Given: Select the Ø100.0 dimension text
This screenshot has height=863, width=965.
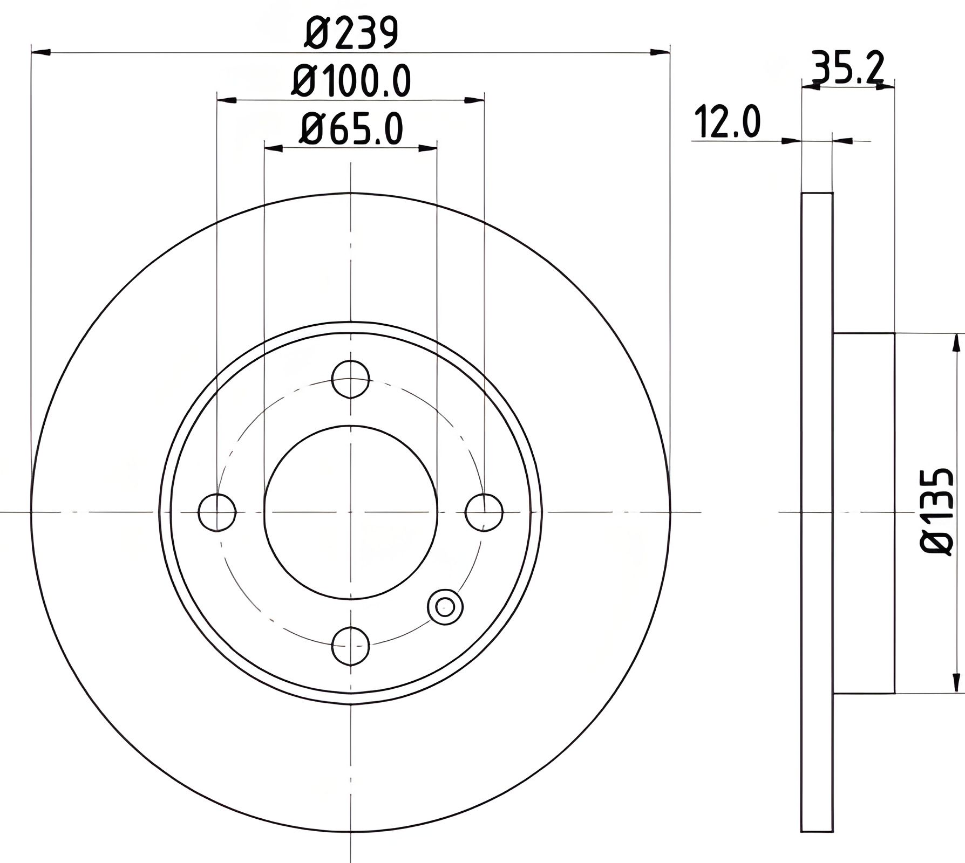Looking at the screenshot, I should click(x=351, y=81).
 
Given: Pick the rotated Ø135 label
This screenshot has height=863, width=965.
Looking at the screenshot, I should click(x=937, y=512).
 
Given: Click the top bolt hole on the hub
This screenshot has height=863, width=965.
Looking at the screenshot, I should click(x=351, y=379).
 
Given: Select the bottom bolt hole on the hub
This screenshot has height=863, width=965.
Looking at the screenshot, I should click(x=351, y=646).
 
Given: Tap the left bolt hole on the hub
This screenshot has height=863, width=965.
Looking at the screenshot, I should click(x=217, y=512).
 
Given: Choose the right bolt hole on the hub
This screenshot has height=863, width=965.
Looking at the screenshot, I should click(x=484, y=512).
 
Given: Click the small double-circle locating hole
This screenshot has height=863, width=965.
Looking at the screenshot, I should click(x=445, y=607).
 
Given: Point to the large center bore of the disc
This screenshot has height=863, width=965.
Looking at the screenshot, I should click(x=351, y=512).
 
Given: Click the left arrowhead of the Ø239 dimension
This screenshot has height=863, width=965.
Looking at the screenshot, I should click(x=41, y=52).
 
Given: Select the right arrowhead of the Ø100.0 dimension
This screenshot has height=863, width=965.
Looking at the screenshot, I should click(x=474, y=100).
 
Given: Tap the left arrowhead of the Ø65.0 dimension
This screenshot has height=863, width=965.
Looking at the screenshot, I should click(x=274, y=147).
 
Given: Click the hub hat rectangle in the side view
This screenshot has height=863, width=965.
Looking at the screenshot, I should click(x=864, y=512).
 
